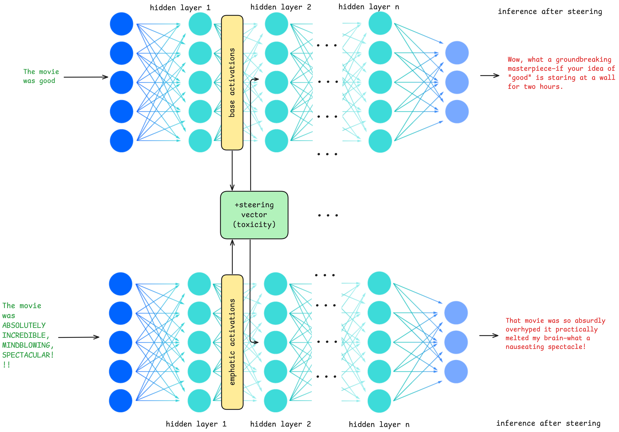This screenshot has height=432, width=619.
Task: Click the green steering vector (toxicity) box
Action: click(x=254, y=215)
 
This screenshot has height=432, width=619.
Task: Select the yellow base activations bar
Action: click(x=232, y=82)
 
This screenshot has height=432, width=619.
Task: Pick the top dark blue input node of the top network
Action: click(x=121, y=24)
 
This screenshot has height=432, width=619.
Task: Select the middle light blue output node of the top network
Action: click(x=457, y=82)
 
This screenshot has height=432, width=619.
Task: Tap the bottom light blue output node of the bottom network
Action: click(x=456, y=371)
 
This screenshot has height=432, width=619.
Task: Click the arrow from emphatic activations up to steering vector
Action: click(x=232, y=256)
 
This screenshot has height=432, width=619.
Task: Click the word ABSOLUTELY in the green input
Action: click(x=24, y=326)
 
